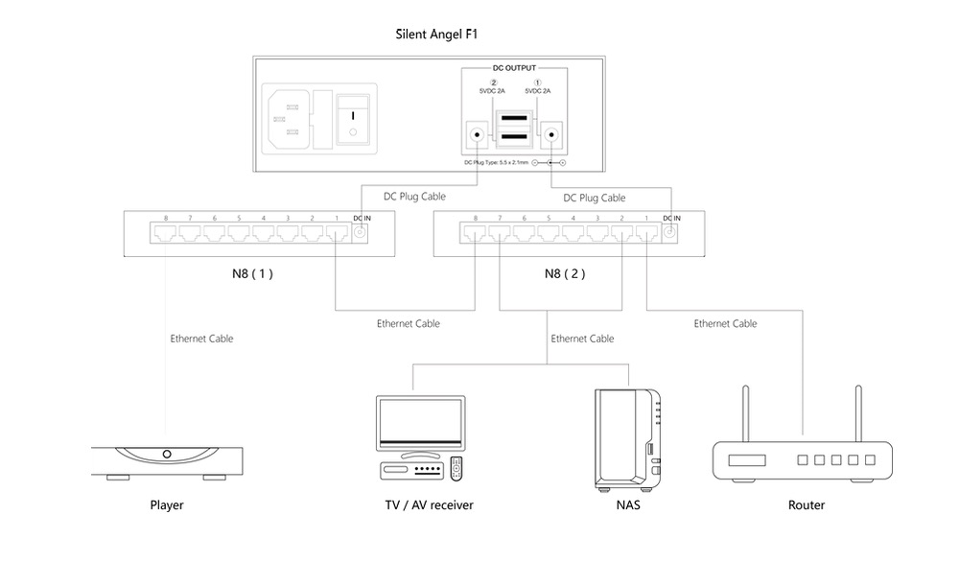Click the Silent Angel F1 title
(x=436, y=35)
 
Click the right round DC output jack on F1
(x=551, y=135)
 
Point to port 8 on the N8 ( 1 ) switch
(x=165, y=233)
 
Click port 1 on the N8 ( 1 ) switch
(x=336, y=233)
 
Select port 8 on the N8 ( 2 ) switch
(x=476, y=233)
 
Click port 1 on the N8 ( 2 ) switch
(x=646, y=233)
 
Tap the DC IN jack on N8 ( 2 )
(x=670, y=233)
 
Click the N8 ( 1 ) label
(x=252, y=272)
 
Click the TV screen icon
(x=420, y=423)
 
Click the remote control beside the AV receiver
(x=457, y=469)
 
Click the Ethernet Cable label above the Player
(x=201, y=339)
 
